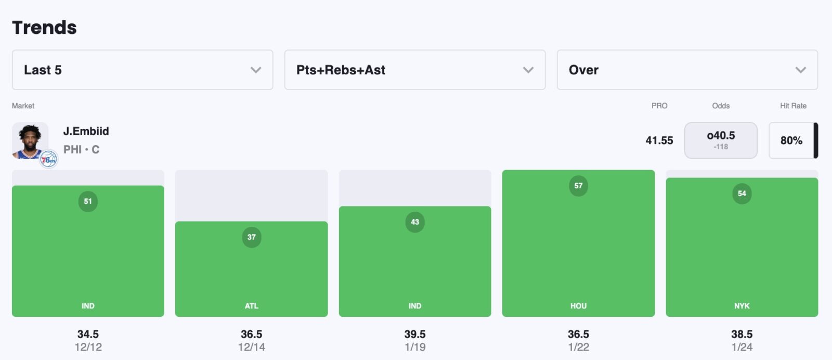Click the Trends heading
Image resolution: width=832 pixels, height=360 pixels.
[44, 28]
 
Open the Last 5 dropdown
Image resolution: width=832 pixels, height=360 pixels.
[142, 70]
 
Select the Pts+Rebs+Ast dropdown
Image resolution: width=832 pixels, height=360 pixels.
[414, 70]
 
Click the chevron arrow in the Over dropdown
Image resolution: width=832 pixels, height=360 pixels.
[800, 70]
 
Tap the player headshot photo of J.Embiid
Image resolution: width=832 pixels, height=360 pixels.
[30, 139]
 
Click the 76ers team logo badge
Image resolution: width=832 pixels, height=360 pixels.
[49, 159]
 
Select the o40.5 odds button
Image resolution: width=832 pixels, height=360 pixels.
[721, 140]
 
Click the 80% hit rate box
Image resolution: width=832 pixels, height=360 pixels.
[791, 140]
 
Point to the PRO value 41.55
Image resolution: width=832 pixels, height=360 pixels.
[659, 140]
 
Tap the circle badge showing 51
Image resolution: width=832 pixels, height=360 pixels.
[88, 201]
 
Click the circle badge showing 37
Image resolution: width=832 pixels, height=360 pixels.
[252, 237]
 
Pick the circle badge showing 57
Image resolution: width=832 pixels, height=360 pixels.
[578, 186]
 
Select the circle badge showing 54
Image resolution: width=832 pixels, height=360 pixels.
[742, 194]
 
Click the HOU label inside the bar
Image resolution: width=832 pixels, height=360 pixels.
[578, 306]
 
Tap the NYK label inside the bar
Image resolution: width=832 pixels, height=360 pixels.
[742, 306]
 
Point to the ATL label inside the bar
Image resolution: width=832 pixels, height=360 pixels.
[252, 306]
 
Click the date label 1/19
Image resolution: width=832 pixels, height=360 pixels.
[415, 347]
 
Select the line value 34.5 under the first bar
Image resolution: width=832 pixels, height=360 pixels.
[88, 334]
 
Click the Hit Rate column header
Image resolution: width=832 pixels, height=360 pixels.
[793, 106]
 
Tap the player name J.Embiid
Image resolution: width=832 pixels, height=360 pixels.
[86, 131]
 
